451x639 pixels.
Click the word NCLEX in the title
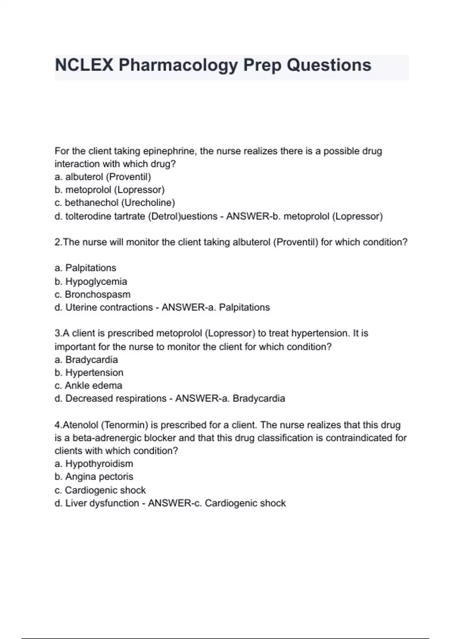point(84,65)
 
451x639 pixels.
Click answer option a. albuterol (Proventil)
point(103,177)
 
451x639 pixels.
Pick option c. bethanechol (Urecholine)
point(115,203)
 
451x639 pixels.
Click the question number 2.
point(58,242)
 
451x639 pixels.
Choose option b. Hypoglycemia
point(91,281)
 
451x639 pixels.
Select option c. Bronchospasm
point(92,294)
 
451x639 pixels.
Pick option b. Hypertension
point(89,372)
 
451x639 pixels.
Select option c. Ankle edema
point(88,385)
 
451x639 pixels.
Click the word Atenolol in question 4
point(80,425)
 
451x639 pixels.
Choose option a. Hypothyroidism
point(94,463)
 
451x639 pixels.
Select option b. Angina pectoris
point(94,477)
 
